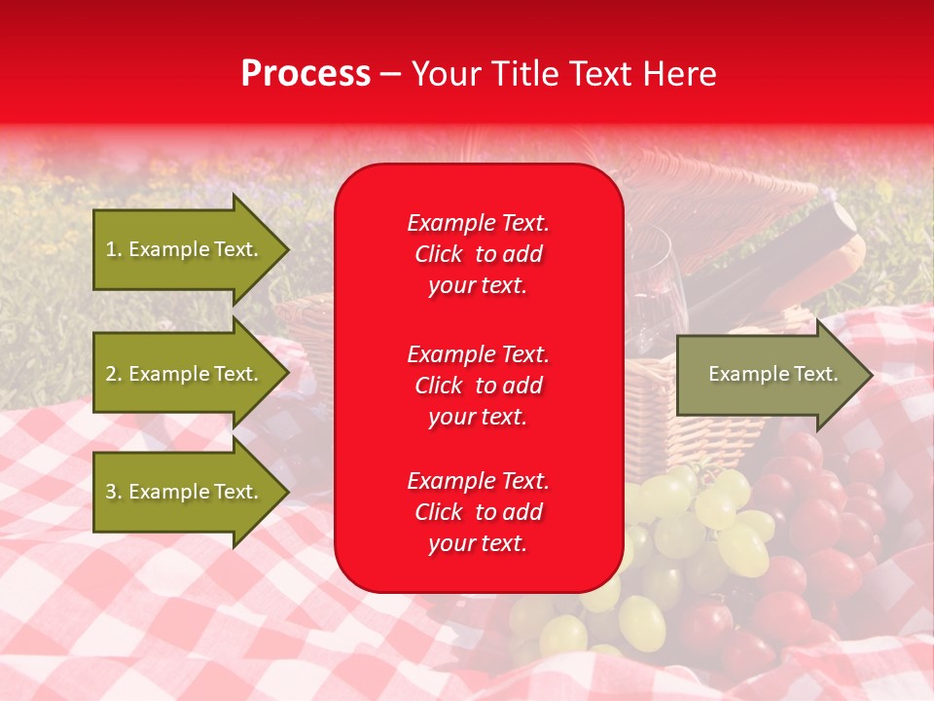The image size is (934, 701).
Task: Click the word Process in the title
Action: tap(305, 74)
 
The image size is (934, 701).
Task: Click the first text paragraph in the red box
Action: tap(478, 254)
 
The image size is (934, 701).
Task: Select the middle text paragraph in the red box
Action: tap(478, 386)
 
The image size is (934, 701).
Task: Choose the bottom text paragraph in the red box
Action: tap(478, 512)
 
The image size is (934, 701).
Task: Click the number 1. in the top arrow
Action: tap(114, 249)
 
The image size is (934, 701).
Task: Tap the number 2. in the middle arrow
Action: tap(114, 374)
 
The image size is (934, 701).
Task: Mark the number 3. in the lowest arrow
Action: tap(114, 492)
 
